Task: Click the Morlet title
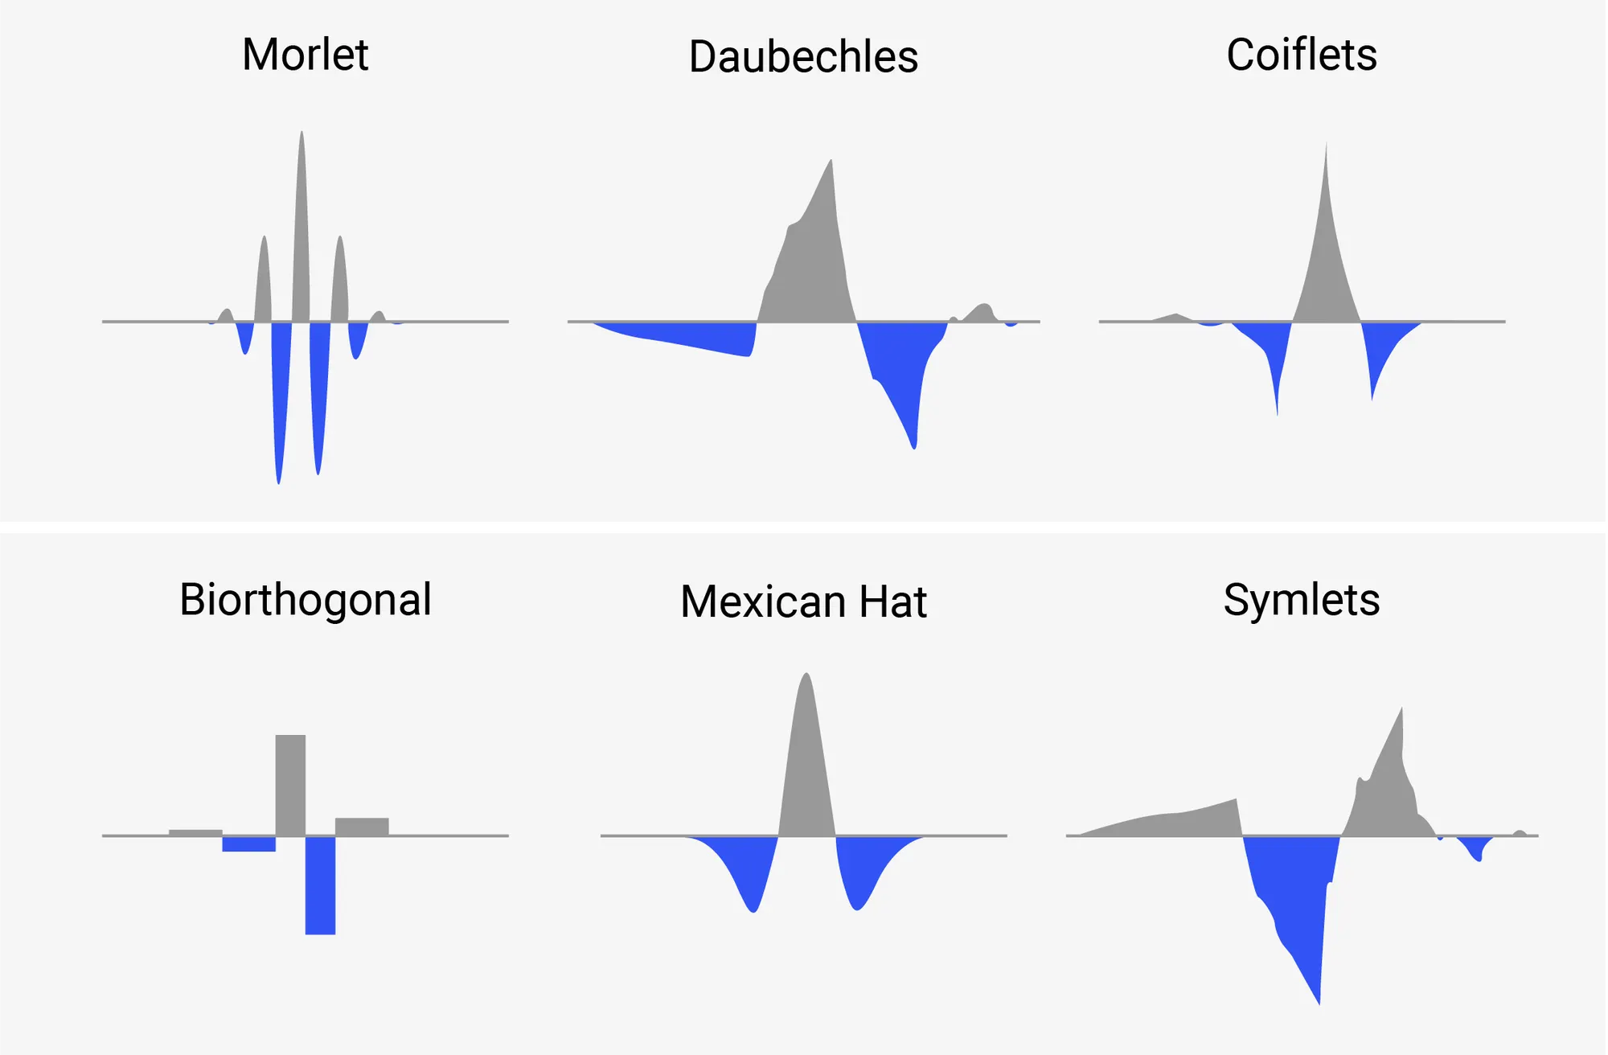tap(305, 55)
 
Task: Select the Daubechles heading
tap(803, 57)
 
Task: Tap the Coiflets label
tap(1301, 55)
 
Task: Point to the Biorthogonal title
tap(305, 600)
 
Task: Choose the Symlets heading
tap(1301, 600)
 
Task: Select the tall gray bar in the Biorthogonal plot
tap(290, 784)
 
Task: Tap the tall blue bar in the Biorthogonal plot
tap(320, 885)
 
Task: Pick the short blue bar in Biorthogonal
tap(248, 844)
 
